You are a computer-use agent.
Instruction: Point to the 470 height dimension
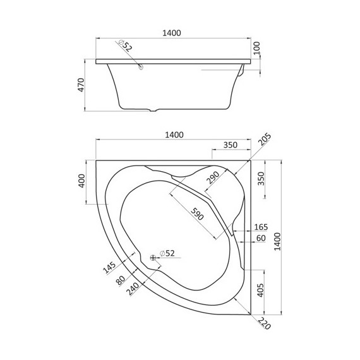click(x=81, y=87)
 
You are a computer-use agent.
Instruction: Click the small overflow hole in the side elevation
click(x=141, y=66)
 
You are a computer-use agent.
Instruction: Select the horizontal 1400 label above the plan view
click(x=174, y=135)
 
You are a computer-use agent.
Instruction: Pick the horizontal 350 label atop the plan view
click(x=230, y=145)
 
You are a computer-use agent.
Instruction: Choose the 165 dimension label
click(x=260, y=227)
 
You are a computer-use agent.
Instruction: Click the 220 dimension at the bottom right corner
click(x=263, y=323)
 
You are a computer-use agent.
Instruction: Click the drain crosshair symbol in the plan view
click(x=153, y=258)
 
